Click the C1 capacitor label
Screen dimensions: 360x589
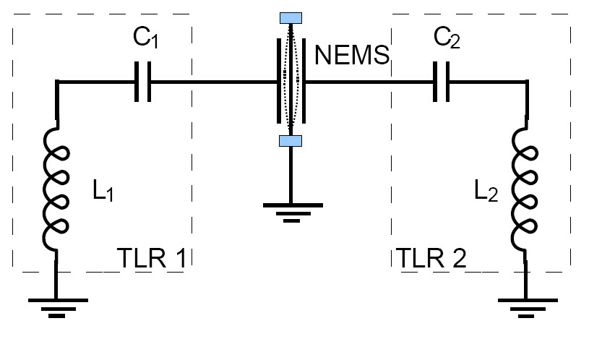coord(145,40)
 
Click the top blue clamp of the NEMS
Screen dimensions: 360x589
coord(290,17)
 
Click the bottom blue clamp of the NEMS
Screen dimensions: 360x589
coord(290,141)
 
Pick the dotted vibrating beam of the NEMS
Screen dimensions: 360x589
coord(290,80)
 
